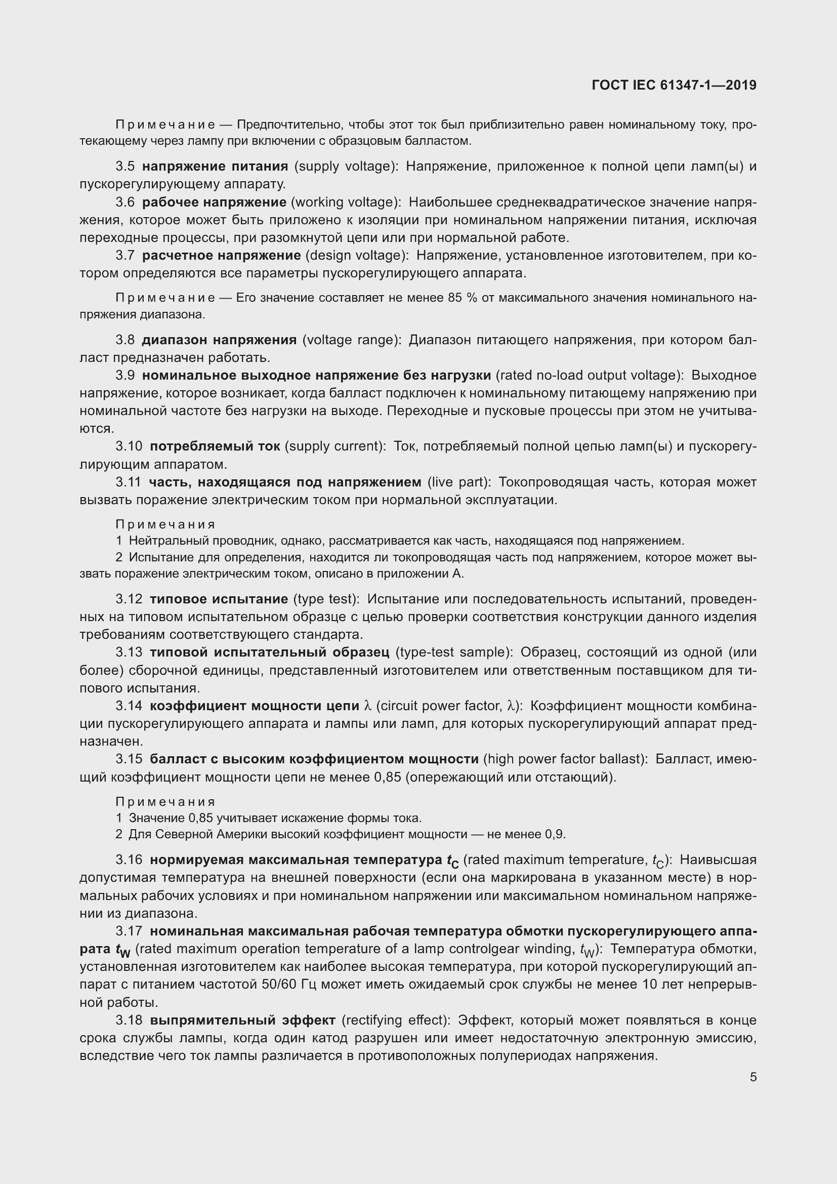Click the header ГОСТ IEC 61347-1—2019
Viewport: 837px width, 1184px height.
(674, 85)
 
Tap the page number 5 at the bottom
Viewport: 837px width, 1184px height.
(753, 1077)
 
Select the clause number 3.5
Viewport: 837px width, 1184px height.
(124, 166)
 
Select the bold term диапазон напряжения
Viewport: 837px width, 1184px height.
(219, 340)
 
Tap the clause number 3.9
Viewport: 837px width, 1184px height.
(124, 376)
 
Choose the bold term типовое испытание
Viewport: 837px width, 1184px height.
(219, 599)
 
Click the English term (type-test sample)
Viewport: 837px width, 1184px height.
(453, 652)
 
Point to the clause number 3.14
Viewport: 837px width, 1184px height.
(129, 706)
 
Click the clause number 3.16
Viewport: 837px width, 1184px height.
(129, 860)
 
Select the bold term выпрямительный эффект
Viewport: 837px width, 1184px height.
(243, 1020)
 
